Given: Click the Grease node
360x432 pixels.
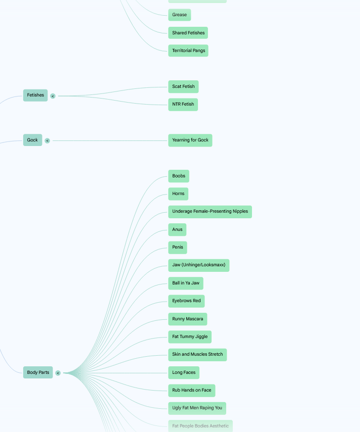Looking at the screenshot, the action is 179,15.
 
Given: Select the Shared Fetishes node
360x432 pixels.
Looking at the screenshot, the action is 188,33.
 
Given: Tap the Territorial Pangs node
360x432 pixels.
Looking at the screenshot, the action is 188,51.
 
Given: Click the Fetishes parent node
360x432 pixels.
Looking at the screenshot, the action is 35,95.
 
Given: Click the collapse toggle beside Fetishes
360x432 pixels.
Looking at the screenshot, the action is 53,96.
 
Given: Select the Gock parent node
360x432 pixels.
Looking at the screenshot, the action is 32,140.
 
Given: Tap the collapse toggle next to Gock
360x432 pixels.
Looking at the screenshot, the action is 47,141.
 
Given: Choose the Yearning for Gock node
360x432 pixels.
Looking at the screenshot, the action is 190,140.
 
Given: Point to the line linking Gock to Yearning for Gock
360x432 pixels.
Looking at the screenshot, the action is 110,141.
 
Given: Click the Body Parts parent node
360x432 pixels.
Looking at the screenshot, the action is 38,372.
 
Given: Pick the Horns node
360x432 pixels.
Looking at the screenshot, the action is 178,194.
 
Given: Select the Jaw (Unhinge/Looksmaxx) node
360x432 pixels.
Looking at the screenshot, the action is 199,265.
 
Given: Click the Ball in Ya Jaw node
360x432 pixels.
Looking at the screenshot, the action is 186,283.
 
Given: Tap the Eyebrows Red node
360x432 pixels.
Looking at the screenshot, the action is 186,301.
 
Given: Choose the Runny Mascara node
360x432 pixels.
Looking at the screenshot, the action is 188,319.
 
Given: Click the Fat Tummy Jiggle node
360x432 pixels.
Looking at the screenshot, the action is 190,337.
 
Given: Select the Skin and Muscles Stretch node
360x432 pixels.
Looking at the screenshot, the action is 197,355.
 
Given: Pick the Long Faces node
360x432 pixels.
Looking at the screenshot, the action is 184,373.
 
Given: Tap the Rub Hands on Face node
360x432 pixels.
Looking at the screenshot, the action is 192,391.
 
